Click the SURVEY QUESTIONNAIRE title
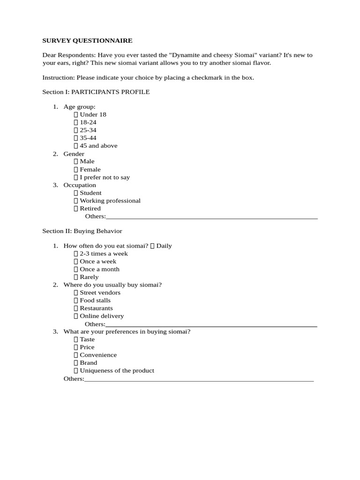point(87,41)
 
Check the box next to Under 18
point(76,115)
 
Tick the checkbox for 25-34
point(76,130)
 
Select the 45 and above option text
point(98,146)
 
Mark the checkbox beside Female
point(76,170)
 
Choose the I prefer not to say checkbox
point(76,178)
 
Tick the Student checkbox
point(76,193)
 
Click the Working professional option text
point(110,201)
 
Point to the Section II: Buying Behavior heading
point(82,231)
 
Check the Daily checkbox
point(152,246)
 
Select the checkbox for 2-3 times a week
point(76,254)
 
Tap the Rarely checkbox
point(76,277)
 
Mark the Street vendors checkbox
point(76,293)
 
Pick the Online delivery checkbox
point(76,316)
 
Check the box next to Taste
point(76,340)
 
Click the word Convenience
point(98,355)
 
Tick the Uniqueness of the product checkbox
point(76,371)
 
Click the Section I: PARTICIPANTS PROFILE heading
point(96,92)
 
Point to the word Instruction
point(58,78)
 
